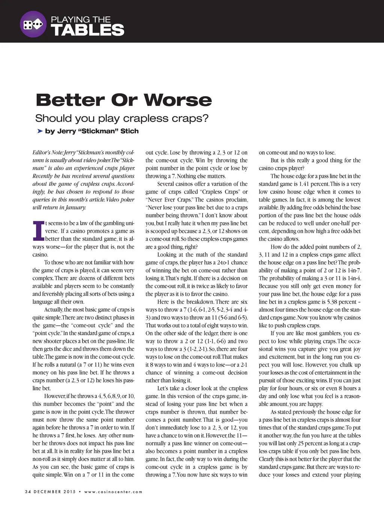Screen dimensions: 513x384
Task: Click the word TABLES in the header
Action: tap(87, 30)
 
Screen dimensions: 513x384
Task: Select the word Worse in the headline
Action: tap(178, 100)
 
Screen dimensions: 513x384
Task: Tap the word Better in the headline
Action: tap(70, 100)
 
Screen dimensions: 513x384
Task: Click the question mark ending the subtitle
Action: tap(205, 118)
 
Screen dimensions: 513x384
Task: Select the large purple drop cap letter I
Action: tap(38, 231)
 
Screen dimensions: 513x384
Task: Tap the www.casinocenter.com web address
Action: tap(113, 492)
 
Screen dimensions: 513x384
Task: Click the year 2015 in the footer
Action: tap(69, 492)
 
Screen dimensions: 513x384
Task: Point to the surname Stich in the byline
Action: tap(129, 131)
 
